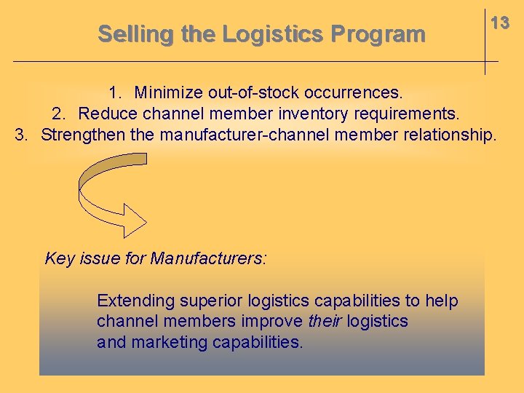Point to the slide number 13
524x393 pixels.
(499, 23)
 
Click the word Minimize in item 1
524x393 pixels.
(168, 93)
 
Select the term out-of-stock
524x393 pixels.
(253, 93)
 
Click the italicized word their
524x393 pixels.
(325, 321)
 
